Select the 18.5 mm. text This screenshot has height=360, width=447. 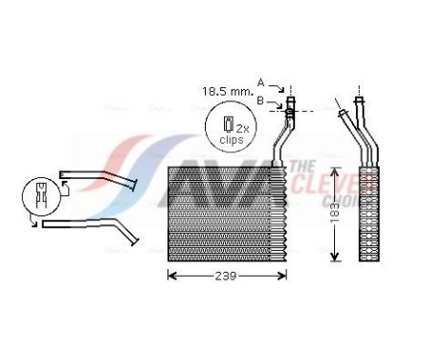[x=224, y=92]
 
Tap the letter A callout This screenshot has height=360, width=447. [x=259, y=82]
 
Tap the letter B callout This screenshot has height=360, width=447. [x=259, y=98]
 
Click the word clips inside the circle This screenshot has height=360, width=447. [x=231, y=140]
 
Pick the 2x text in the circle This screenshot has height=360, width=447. [x=242, y=127]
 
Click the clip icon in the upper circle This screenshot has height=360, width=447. [x=228, y=124]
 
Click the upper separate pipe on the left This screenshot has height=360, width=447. [x=101, y=178]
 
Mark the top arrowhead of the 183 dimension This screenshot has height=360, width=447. [x=332, y=169]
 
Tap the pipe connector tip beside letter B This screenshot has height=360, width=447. [x=289, y=106]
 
